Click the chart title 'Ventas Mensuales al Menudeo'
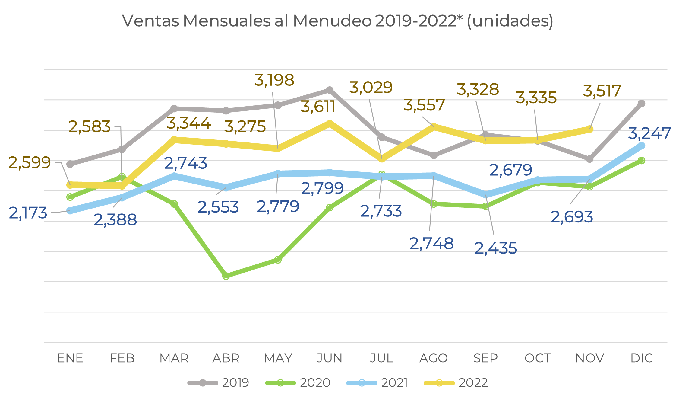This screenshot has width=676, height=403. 337,21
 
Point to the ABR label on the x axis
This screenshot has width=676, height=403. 226,358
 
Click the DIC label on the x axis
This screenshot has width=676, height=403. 642,358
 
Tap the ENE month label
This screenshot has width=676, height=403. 70,358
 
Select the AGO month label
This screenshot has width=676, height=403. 434,358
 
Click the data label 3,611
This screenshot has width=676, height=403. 318,107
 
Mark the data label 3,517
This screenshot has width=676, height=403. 602,91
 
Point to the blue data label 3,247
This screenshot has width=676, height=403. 649,133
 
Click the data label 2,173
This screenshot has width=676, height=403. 28,213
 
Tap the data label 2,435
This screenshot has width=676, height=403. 496,248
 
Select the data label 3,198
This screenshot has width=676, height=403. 274,80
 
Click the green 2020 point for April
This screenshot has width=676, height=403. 226,276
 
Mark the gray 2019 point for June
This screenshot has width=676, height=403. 330,90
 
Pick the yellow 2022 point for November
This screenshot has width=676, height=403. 590,129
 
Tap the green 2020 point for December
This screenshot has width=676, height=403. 642,160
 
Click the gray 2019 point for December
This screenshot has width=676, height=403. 642,104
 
